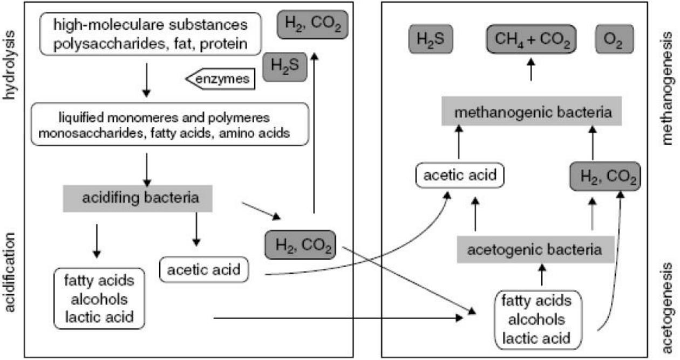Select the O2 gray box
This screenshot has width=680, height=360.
615,39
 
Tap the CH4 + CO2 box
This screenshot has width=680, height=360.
531,39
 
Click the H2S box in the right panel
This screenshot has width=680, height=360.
431,39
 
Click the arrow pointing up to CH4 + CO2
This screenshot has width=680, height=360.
531,70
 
